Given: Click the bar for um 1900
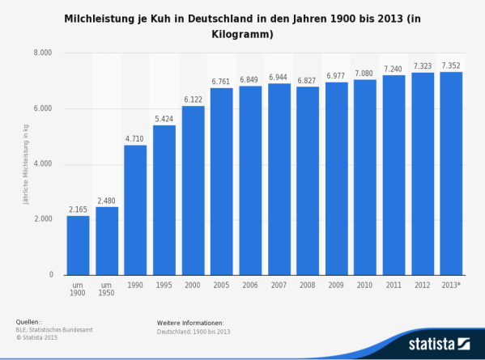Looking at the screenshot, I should pyautogui.click(x=78, y=245).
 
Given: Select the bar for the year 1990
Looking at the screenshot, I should pyautogui.click(x=135, y=210).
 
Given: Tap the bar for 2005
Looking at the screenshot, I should pyautogui.click(x=221, y=181).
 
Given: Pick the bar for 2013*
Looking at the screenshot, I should pyautogui.click(x=451, y=173).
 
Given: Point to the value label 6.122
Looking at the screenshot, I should pyautogui.click(x=193, y=99).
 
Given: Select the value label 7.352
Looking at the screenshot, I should pyautogui.click(x=451, y=65).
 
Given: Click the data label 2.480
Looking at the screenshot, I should pyautogui.click(x=106, y=200).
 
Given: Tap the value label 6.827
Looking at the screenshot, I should pyautogui.click(x=308, y=79).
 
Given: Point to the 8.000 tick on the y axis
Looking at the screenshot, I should pyautogui.click(x=42, y=53).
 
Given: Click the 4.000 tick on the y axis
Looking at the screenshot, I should pyautogui.click(x=42, y=164).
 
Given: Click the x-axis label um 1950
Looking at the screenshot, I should pyautogui.click(x=106, y=290).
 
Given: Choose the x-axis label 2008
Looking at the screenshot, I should pyautogui.click(x=308, y=286).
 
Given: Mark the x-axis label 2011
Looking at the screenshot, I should pyautogui.click(x=394, y=286).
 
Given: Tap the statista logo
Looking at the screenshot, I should pyautogui.click(x=438, y=343).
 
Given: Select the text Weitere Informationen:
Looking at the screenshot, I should pyautogui.click(x=190, y=323).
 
